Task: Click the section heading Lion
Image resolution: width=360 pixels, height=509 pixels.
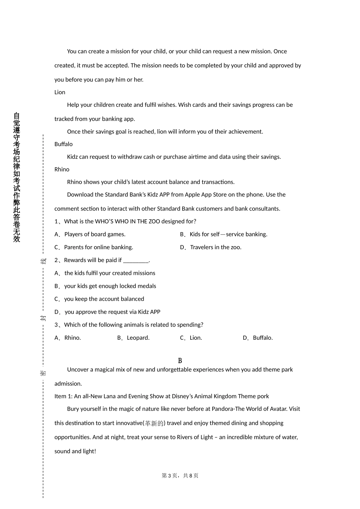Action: pos(60,92)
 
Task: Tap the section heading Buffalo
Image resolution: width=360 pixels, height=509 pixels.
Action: pos(63,144)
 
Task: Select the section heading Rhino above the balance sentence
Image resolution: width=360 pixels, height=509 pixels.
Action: pos(62,170)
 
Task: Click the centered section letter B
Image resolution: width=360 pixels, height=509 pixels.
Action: pos(180,361)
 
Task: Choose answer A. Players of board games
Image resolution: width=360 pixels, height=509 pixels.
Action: pos(90,234)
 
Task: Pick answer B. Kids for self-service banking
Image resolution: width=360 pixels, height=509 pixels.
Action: pos(224,234)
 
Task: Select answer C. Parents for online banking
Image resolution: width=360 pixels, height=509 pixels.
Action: pos(94,247)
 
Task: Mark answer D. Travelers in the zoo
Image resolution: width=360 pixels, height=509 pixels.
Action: pos(211,247)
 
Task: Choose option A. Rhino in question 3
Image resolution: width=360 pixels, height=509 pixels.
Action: pos(68,338)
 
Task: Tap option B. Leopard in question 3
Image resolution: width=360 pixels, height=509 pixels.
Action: pos(133,338)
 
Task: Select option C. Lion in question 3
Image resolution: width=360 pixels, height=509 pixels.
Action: pos(191,338)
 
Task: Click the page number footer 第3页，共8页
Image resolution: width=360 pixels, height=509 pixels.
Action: pos(180,476)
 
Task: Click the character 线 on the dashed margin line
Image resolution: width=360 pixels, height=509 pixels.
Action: pos(43,261)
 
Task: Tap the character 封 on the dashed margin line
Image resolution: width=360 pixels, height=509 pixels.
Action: pos(43,318)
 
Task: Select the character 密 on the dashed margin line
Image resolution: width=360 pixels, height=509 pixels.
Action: pos(43,373)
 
